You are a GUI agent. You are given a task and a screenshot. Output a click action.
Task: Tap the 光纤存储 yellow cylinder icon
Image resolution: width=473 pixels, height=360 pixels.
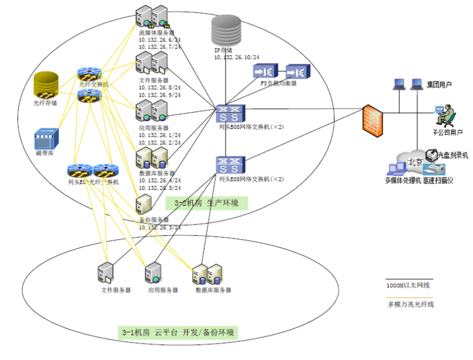click(45, 84)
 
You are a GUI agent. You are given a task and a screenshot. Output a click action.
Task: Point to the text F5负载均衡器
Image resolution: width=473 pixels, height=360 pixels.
click(278, 84)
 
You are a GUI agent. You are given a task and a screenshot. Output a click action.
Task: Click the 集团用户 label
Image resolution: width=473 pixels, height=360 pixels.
click(439, 85)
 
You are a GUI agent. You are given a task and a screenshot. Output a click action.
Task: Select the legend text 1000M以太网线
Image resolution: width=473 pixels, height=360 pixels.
click(409, 286)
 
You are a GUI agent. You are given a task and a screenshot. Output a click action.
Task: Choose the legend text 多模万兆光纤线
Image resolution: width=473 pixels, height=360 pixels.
click(411, 304)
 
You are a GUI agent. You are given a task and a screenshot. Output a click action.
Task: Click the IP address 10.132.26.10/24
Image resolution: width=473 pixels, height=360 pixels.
click(237, 57)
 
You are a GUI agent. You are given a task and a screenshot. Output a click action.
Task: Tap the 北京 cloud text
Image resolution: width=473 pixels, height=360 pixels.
click(414, 161)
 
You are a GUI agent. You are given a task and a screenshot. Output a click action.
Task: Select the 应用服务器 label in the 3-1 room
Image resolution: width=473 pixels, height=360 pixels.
click(162, 290)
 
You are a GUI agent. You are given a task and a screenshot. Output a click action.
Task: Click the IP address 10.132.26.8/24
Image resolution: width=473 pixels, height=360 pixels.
click(159, 87)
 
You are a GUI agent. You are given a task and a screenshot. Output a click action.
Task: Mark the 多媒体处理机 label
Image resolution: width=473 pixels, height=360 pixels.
click(403, 181)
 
